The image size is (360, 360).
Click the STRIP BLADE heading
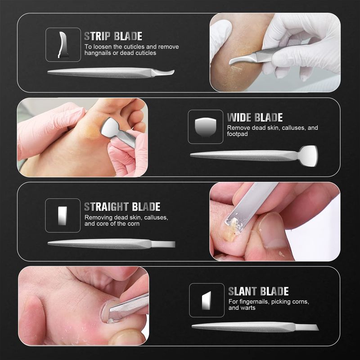coord(113,36)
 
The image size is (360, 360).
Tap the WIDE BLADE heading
coord(255,117)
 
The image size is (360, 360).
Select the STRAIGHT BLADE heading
coord(122,207)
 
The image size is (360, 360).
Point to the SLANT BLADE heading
coord(258,291)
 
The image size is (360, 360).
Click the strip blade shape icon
coord(63,45)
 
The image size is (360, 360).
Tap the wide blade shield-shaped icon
coord(206,127)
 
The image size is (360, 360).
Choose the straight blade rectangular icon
coord(63,216)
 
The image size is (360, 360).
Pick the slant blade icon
coord(207,300)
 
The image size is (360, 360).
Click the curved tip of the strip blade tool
coord(169,72)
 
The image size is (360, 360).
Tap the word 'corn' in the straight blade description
coord(133,224)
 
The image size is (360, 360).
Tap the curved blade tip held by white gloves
coord(239,60)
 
